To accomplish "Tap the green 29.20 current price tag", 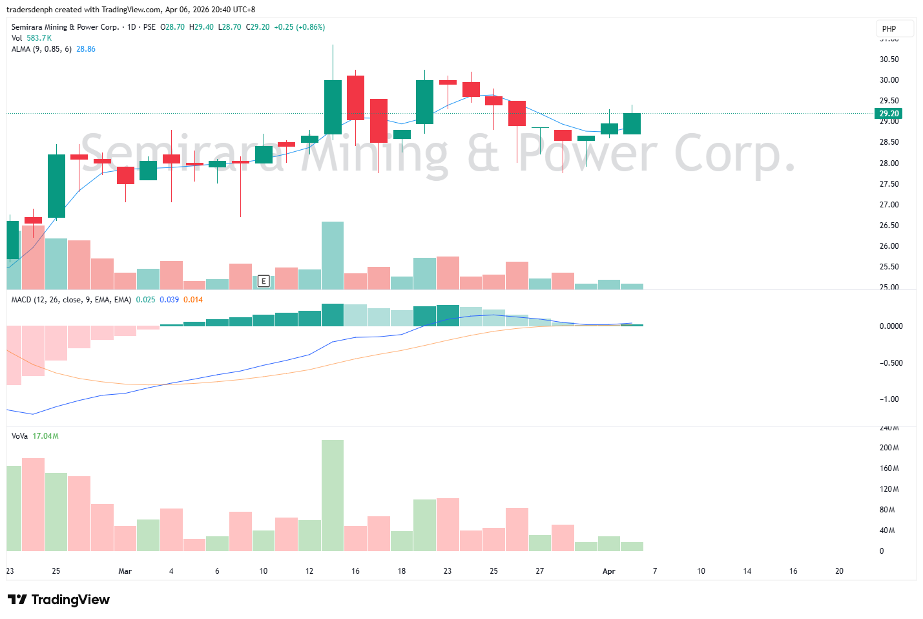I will [x=889, y=114].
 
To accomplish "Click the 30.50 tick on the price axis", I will [x=889, y=59].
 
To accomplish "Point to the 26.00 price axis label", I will [x=889, y=246].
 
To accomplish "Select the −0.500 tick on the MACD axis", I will [x=891, y=363].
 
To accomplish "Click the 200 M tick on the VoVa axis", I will [x=889, y=448].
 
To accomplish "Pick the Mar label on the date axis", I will [x=125, y=571].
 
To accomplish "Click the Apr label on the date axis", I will [x=608, y=571].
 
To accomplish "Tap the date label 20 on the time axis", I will [x=839, y=571].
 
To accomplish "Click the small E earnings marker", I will [x=264, y=281].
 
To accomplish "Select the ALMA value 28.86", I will [x=86, y=49].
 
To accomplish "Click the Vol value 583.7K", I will [x=39, y=38].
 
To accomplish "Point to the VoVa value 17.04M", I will [x=46, y=436].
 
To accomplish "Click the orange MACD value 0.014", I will [x=193, y=300].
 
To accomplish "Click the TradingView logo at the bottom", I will [x=59, y=600].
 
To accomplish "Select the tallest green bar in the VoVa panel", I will [x=333, y=495].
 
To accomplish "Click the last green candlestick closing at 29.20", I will [x=632, y=123].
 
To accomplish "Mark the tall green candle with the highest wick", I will [x=333, y=107].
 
